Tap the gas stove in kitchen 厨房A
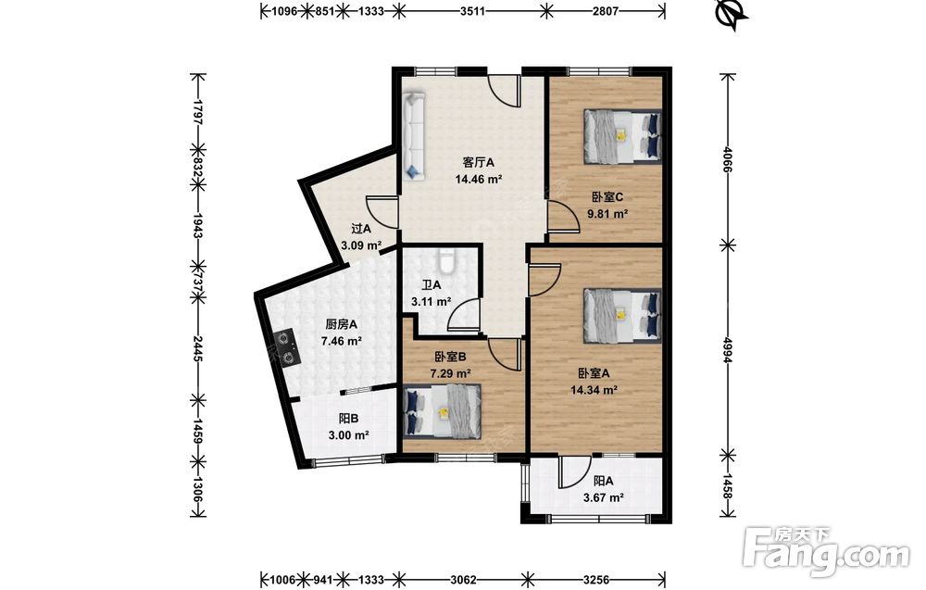coord(286,347)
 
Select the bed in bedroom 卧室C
coord(622,136)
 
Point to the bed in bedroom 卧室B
coord(442,411)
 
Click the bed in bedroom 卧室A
coord(622,315)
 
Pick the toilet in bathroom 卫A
coord(446,261)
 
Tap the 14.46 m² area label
coord(479,179)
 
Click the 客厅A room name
coord(479,162)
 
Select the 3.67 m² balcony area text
coord(604,498)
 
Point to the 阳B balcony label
coord(349,419)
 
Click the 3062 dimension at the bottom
coord(462,580)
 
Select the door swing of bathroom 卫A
coord(464,314)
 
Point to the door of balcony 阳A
coord(573,471)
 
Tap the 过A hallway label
coord(361,229)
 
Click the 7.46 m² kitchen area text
coord(342,341)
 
